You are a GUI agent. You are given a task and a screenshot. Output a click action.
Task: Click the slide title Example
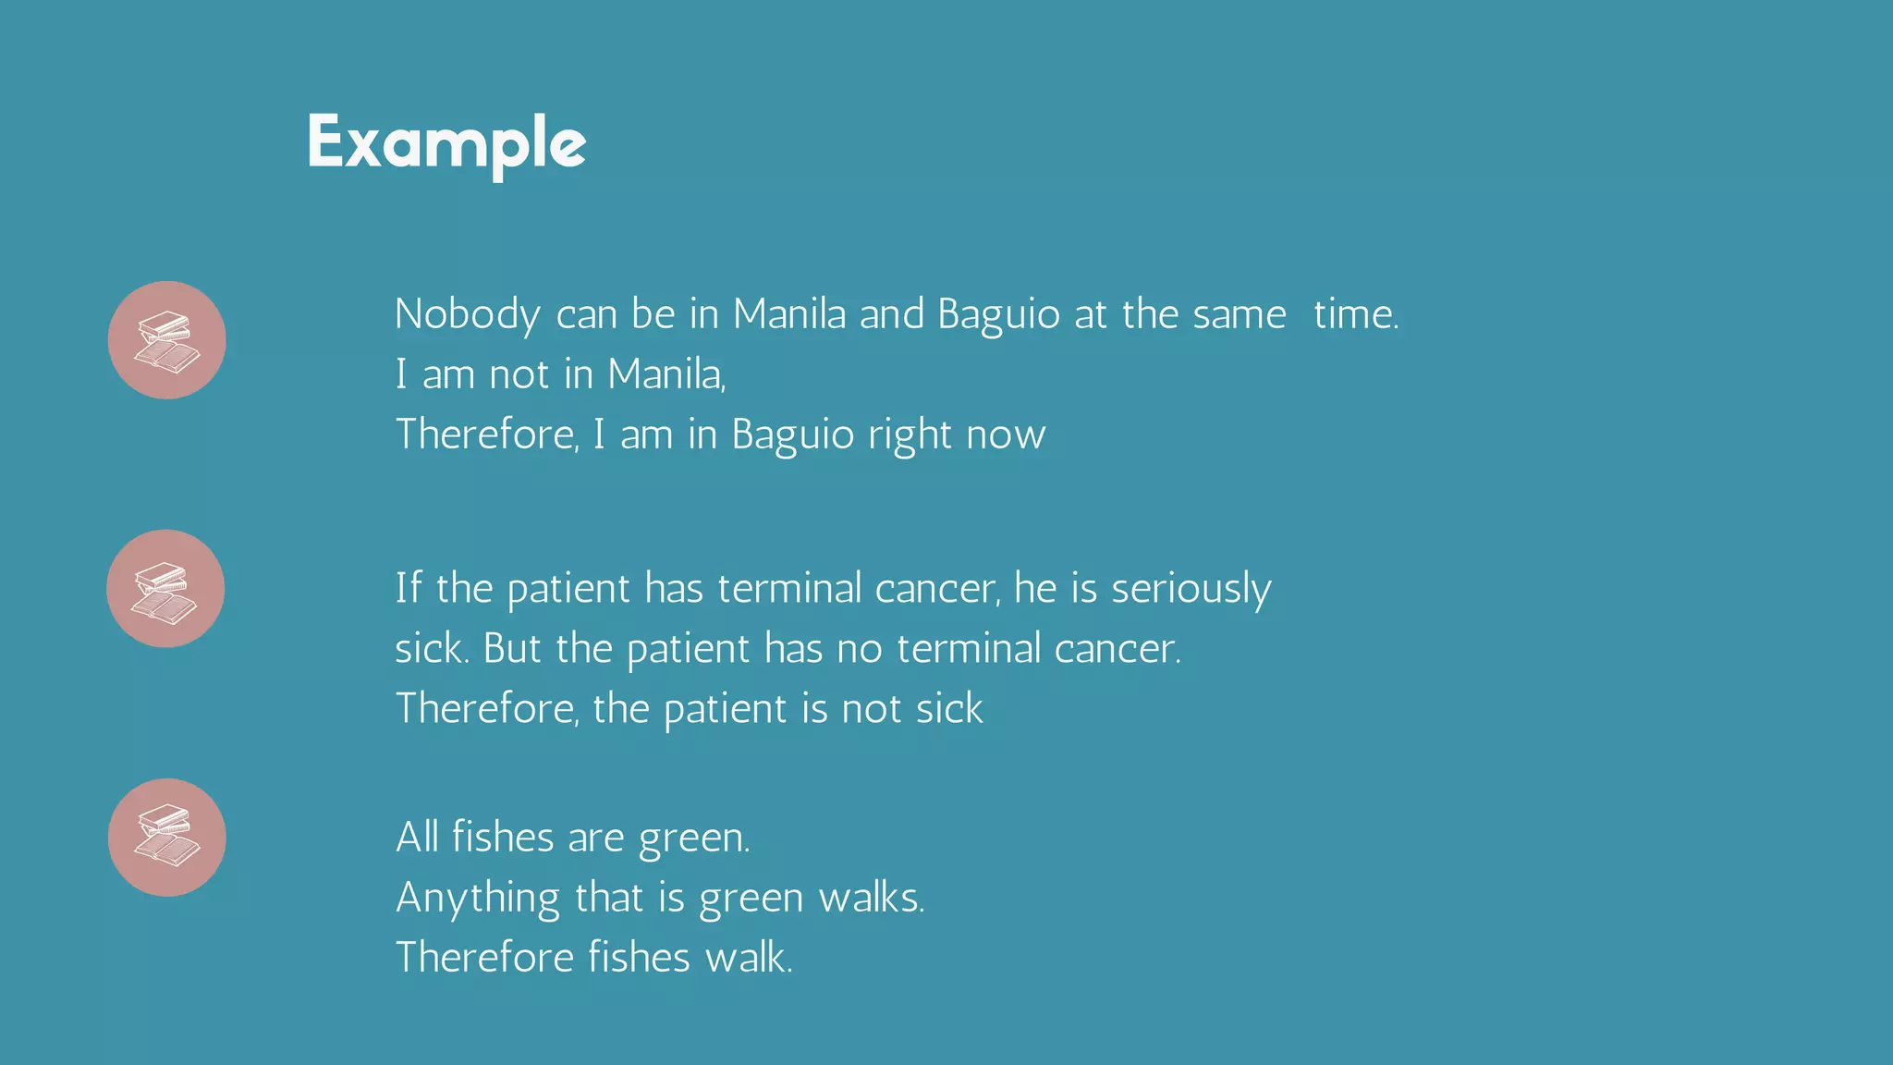pyautogui.click(x=446, y=143)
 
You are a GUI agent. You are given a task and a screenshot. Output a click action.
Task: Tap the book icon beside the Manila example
pyautogui.click(x=167, y=340)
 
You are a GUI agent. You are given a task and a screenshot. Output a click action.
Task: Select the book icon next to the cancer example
pyautogui.click(x=165, y=589)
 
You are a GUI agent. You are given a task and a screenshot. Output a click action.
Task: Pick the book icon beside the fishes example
pyautogui.click(x=167, y=838)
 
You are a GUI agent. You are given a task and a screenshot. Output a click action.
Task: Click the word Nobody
pyautogui.click(x=467, y=315)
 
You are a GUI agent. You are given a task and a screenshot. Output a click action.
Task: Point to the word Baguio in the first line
pyautogui.click(x=998, y=315)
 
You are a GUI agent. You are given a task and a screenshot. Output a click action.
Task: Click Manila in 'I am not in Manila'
pyautogui.click(x=666, y=375)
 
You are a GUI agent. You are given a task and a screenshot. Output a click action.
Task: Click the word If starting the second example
pyautogui.click(x=408, y=589)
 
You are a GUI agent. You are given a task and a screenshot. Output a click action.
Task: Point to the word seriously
pyautogui.click(x=1191, y=589)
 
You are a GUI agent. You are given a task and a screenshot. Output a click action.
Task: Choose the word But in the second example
pyautogui.click(x=512, y=649)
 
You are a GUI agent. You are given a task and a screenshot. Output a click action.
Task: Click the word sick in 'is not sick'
pyautogui.click(x=949, y=709)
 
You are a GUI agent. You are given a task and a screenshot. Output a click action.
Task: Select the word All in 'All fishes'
pyautogui.click(x=417, y=838)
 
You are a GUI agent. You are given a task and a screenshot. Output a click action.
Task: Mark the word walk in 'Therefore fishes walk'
pyautogui.click(x=748, y=958)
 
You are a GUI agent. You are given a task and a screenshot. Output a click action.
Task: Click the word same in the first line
pyautogui.click(x=1240, y=315)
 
